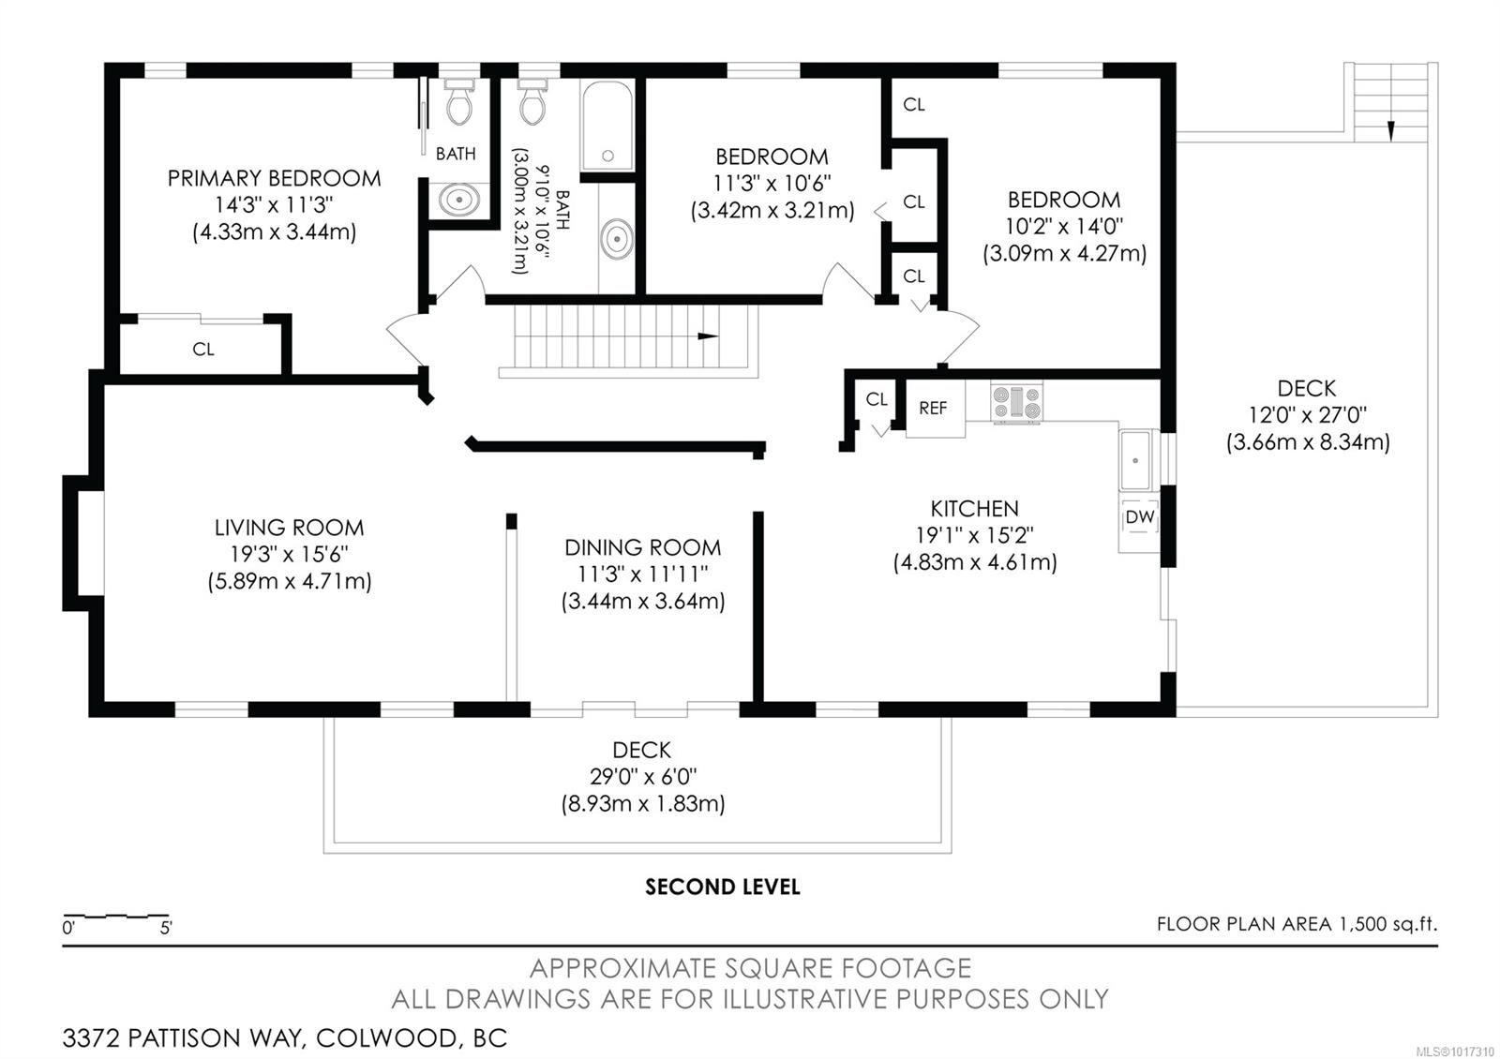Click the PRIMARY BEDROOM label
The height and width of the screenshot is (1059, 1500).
click(x=274, y=179)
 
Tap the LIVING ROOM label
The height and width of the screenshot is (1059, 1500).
click(x=290, y=528)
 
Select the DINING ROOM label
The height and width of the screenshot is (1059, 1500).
click(x=643, y=547)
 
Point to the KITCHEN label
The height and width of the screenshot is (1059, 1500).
click(x=974, y=509)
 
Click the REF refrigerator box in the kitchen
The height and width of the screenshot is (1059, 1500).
click(x=935, y=409)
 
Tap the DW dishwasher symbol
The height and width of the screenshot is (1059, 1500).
click(x=1139, y=517)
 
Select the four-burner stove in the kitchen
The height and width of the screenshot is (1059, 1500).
click(x=1016, y=404)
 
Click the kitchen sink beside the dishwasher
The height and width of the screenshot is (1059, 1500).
click(x=1135, y=460)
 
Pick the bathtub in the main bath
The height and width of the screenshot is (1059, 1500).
click(x=607, y=126)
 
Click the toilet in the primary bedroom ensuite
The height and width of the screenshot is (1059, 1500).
click(x=458, y=102)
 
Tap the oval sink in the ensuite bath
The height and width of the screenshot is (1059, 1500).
click(x=458, y=200)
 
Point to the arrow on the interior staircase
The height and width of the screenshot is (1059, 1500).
click(x=707, y=336)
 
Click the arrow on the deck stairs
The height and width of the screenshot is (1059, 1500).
click(x=1391, y=130)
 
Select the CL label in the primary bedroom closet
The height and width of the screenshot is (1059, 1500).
click(x=203, y=350)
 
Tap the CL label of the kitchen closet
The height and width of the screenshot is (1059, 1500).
click(x=877, y=399)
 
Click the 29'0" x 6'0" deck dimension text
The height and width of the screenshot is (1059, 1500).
click(x=643, y=777)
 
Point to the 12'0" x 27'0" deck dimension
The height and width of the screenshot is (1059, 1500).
click(x=1307, y=416)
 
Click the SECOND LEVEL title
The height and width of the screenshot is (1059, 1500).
click(x=723, y=887)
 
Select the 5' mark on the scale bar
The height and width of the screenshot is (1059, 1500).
click(x=165, y=929)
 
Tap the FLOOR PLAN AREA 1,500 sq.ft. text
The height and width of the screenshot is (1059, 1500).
click(x=1297, y=924)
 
